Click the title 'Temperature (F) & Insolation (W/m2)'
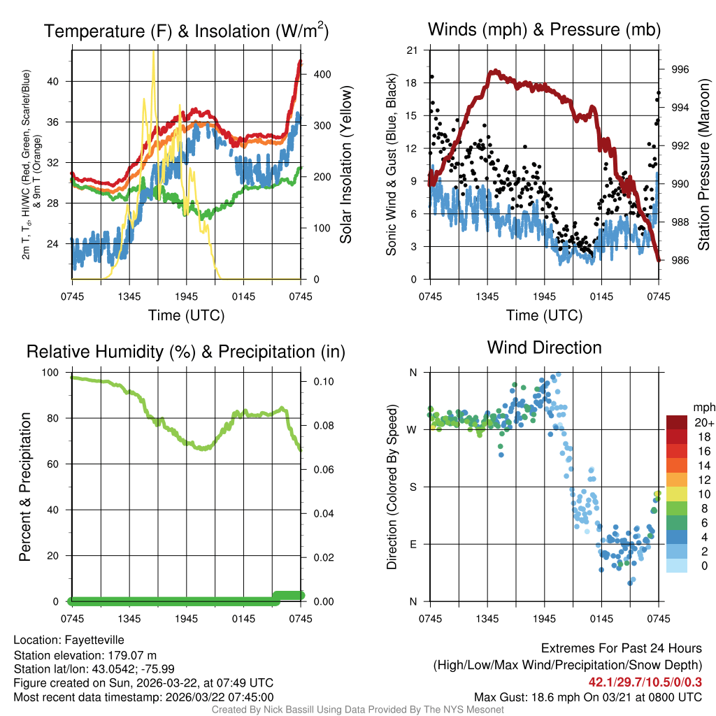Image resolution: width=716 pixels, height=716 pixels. click(x=186, y=31)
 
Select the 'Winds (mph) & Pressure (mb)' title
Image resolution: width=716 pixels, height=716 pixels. click(x=544, y=29)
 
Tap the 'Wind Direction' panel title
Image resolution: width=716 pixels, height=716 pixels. click(x=544, y=348)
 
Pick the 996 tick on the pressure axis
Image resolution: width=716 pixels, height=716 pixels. click(x=680, y=69)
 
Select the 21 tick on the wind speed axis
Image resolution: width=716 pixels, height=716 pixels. click(x=412, y=50)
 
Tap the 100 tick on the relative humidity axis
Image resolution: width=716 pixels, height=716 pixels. click(x=52, y=373)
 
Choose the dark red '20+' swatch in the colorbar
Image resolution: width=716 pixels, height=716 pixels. click(x=676, y=422)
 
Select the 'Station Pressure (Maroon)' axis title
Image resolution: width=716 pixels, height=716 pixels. click(x=703, y=165)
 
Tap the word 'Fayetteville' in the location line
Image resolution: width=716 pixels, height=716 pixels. click(x=94, y=639)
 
